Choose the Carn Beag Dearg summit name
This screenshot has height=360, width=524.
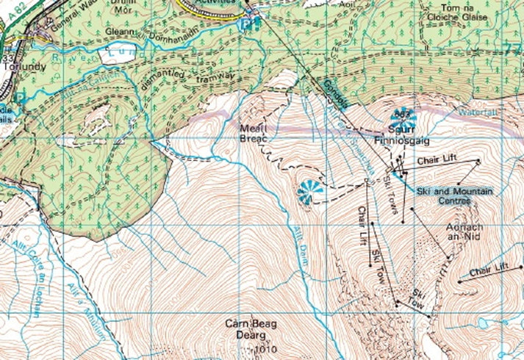click(x=254, y=329)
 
